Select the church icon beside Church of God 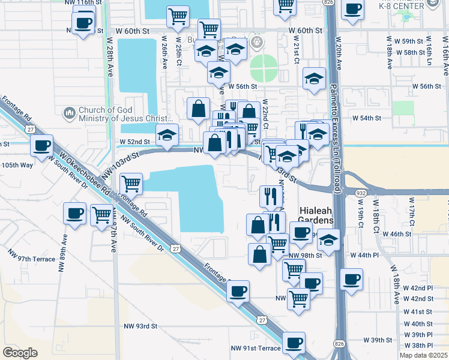pos(70,112)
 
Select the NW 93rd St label pos(140,326)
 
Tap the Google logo pos(20,353)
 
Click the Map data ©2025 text pos(424,355)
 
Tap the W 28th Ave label pos(110,57)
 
